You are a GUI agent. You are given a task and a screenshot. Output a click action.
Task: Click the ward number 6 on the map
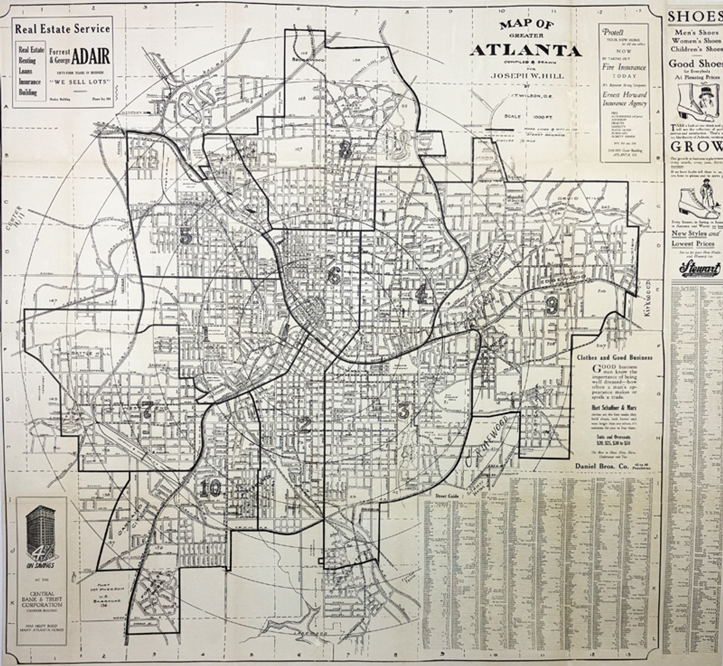(x=334, y=275)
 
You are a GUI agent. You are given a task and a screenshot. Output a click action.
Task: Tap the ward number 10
(x=210, y=487)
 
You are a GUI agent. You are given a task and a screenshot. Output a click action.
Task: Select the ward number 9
(x=552, y=306)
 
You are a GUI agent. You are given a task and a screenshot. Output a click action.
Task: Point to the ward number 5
(x=186, y=236)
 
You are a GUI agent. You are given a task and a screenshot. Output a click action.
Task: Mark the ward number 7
(x=148, y=410)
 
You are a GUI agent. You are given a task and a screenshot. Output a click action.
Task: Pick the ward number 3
(x=403, y=411)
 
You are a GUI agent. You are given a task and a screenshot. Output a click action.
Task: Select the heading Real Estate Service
(x=62, y=29)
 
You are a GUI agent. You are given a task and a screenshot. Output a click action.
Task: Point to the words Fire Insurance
(x=624, y=67)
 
